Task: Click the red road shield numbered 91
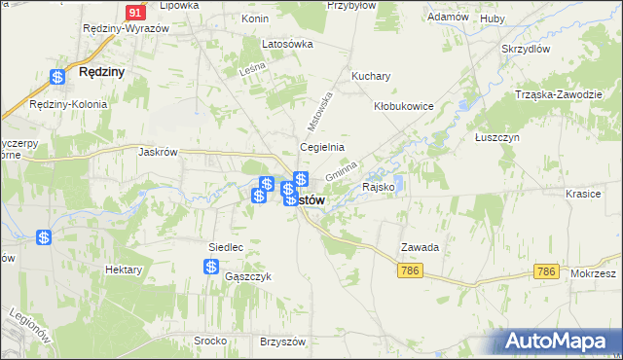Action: click(135, 13)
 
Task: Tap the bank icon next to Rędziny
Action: click(58, 76)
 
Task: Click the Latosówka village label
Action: click(287, 44)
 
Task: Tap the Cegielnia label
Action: click(321, 147)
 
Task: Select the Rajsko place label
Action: click(378, 186)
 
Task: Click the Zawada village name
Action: click(420, 247)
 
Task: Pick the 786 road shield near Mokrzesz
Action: click(548, 271)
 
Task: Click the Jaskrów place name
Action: click(157, 151)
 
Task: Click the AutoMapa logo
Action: click(559, 341)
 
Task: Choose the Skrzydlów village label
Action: click(526, 49)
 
